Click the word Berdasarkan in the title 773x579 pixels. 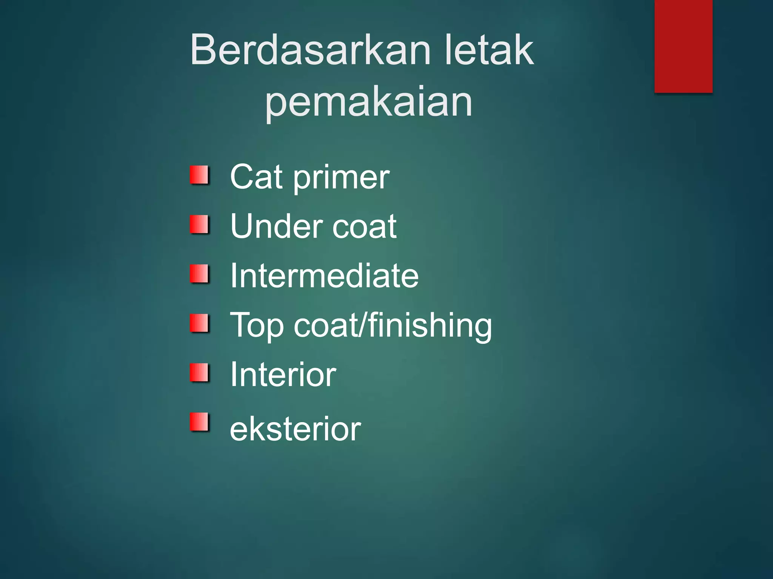310,50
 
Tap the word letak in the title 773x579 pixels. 489,50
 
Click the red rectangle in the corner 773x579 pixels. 683,46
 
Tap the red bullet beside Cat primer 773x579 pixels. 199,175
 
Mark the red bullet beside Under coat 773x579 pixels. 199,224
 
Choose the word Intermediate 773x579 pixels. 324,276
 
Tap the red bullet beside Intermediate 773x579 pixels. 199,274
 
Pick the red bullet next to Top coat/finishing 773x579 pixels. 199,323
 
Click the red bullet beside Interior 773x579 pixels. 199,372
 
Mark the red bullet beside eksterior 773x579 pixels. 199,422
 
